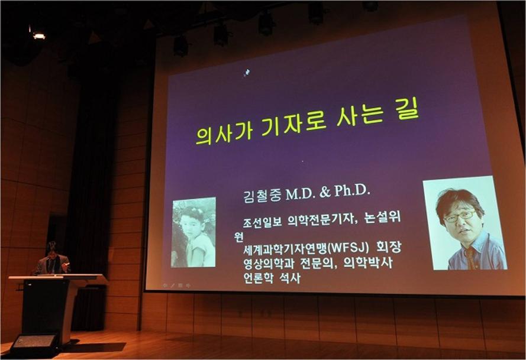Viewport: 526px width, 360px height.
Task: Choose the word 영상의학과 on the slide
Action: click(x=269, y=264)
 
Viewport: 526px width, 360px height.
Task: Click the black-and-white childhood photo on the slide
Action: click(x=193, y=232)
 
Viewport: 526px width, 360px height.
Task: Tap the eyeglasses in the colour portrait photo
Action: click(x=460, y=216)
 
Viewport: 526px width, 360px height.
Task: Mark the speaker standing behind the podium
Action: click(x=51, y=259)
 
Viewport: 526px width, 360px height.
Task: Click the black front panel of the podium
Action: click(x=46, y=306)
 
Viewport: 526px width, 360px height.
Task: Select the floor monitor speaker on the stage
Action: click(x=34, y=344)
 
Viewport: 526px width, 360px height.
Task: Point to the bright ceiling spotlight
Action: click(x=39, y=35)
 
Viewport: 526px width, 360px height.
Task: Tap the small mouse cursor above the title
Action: click(x=247, y=73)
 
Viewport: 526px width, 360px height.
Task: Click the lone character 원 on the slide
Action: click(x=238, y=236)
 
